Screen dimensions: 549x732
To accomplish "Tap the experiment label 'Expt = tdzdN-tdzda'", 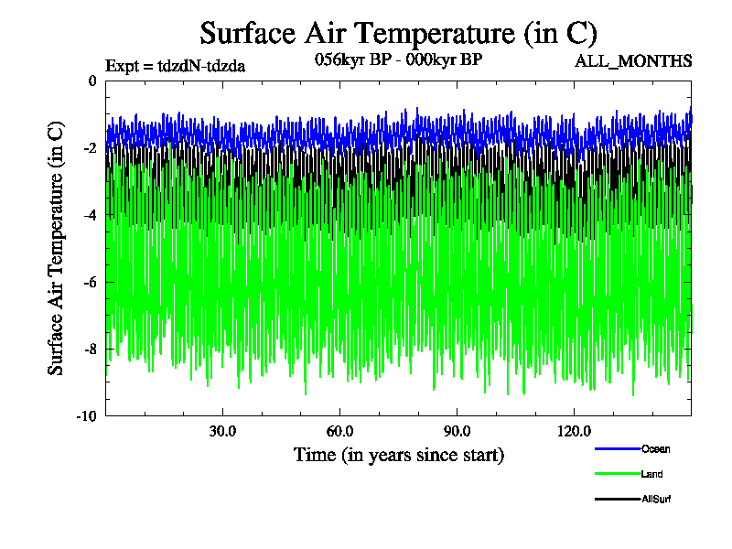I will click(x=176, y=65).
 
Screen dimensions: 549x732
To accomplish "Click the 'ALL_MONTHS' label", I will click(x=633, y=61).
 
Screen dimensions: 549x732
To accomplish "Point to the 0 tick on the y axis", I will click(x=91, y=81).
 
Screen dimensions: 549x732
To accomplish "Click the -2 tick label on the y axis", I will click(x=89, y=148).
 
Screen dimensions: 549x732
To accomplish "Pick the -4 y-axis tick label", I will click(x=89, y=215).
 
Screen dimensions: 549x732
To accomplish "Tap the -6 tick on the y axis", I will click(x=89, y=282).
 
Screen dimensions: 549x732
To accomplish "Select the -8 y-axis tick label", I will click(x=89, y=349).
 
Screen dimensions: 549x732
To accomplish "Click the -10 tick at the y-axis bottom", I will click(x=86, y=415).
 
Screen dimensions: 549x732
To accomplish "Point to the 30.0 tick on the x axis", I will click(x=222, y=431).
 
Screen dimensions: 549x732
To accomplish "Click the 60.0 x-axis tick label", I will click(x=339, y=431).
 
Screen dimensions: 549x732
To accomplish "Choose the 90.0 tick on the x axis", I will click(x=457, y=431).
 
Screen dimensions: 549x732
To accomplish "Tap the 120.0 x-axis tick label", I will click(x=574, y=431).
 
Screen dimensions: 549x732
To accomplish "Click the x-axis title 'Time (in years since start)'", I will click(x=398, y=455).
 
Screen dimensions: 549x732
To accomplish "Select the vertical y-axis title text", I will click(x=57, y=248).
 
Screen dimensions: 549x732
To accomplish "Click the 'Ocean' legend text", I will click(x=655, y=449).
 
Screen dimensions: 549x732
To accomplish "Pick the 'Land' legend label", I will click(x=652, y=474).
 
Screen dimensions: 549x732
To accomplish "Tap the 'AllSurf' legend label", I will click(x=657, y=499).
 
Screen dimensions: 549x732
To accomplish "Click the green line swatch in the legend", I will click(x=616, y=474).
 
